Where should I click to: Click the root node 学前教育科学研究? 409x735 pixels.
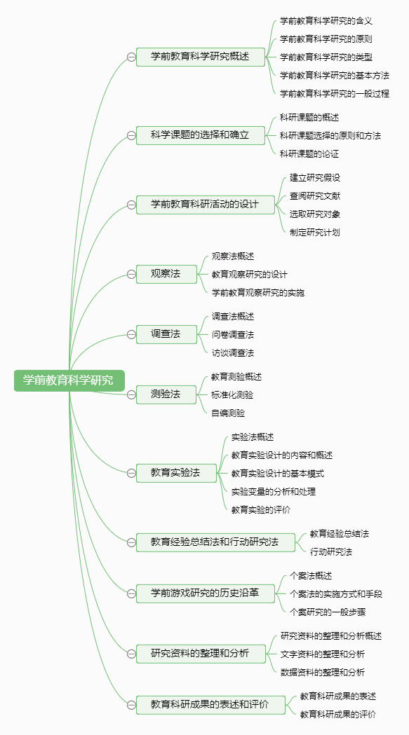tap(69, 380)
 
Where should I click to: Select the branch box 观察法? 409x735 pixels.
tap(166, 274)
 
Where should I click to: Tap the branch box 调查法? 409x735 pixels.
tap(166, 334)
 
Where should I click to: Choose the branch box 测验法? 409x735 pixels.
tap(166, 394)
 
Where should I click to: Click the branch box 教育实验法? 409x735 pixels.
tap(176, 473)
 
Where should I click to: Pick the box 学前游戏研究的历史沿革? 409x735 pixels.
tap(206, 593)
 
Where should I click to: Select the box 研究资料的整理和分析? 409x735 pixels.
tap(201, 654)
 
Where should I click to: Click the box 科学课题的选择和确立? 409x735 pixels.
tap(201, 135)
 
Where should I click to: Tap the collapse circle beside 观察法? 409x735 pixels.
tap(131, 274)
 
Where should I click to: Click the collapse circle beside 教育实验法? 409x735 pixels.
tap(131, 473)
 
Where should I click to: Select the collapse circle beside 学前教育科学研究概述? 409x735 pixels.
tap(131, 57)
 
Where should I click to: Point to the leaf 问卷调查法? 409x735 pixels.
tap(233, 335)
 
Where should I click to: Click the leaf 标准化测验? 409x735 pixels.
tap(232, 394)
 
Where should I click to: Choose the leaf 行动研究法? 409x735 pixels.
tap(331, 551)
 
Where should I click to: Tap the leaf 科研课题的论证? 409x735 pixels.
tap(309, 153)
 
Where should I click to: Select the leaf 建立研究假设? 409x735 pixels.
tap(314, 178)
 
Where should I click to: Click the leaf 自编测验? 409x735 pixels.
tap(228, 413)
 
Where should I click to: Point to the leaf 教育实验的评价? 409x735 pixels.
tap(260, 509)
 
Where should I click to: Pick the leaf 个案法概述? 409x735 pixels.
tap(311, 576)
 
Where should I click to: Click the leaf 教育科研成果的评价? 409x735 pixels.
tap(338, 715)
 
